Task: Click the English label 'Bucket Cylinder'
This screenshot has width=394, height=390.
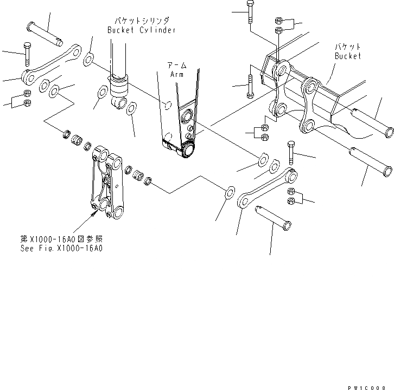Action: point(141,30)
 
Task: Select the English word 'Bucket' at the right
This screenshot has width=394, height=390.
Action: point(347,56)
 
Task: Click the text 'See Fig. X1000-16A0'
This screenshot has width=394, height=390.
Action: point(68,249)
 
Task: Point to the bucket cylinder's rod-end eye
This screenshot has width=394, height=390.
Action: point(120,103)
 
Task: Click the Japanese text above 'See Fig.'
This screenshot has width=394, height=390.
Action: point(68,239)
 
